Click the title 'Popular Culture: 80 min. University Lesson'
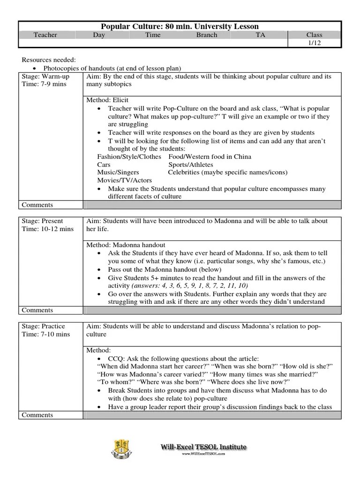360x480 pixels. click(x=180, y=27)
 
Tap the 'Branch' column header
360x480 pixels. click(x=207, y=35)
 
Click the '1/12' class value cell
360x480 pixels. click(x=314, y=43)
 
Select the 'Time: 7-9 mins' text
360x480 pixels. click(x=44, y=84)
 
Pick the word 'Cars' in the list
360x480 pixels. click(x=104, y=165)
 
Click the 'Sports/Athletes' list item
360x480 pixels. click(x=191, y=165)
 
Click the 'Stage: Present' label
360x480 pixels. click(x=43, y=221)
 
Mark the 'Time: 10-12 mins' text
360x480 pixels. click(x=48, y=229)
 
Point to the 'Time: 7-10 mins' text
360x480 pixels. click(x=46, y=334)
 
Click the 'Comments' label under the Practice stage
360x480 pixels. click(x=37, y=415)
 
